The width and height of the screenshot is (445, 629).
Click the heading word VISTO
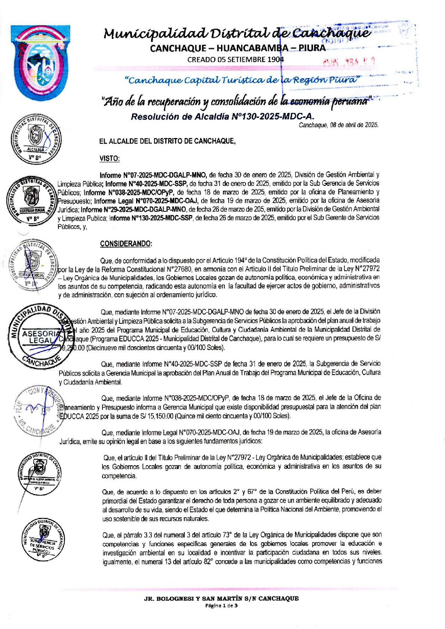(109, 159)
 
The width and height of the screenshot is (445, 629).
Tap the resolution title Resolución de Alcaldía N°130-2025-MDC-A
(222, 117)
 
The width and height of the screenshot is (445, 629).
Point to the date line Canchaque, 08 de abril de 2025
(338, 125)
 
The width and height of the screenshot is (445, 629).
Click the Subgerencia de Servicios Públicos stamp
(42, 540)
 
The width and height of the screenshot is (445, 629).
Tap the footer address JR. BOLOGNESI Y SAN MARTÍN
(221, 598)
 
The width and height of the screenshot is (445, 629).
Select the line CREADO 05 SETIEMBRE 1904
(236, 59)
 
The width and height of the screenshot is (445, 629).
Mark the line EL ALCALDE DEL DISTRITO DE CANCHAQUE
(167, 141)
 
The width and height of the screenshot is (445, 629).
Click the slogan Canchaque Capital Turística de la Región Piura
(242, 80)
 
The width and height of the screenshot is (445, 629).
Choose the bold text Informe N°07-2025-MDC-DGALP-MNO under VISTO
(153, 175)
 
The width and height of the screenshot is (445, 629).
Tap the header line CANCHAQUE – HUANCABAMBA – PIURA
(237, 48)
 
